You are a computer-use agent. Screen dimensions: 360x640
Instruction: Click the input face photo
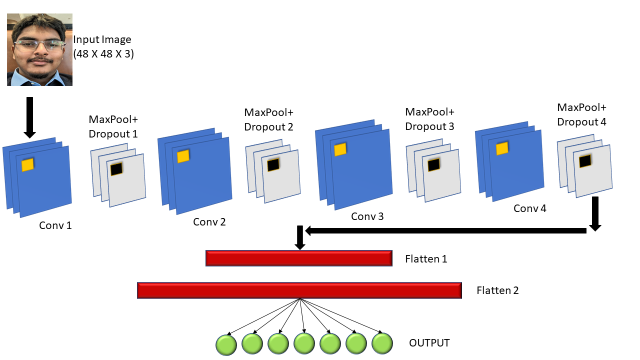(39, 49)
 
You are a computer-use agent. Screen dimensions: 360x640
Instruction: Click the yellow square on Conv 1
(27, 165)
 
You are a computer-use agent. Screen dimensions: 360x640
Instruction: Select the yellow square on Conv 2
(183, 156)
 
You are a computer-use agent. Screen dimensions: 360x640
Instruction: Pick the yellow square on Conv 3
(340, 149)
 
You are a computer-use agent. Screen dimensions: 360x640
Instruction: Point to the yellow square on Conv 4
(501, 148)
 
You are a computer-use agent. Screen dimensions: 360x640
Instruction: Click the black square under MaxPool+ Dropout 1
(116, 169)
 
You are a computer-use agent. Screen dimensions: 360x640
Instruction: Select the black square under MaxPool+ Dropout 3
(433, 164)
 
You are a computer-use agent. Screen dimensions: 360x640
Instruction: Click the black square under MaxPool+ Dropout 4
(585, 161)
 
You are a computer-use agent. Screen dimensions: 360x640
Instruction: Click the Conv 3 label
(367, 216)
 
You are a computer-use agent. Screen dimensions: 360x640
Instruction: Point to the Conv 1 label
(55, 225)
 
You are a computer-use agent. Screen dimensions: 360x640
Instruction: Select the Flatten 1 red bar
(298, 258)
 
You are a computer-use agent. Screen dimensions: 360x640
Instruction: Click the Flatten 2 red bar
(299, 290)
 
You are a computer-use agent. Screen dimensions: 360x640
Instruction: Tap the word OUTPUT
(429, 343)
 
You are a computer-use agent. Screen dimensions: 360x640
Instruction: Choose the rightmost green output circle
(382, 344)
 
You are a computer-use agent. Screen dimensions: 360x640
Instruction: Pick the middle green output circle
(304, 344)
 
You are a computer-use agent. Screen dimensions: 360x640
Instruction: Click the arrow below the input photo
(29, 117)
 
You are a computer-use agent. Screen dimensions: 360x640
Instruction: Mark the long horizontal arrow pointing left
(445, 230)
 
